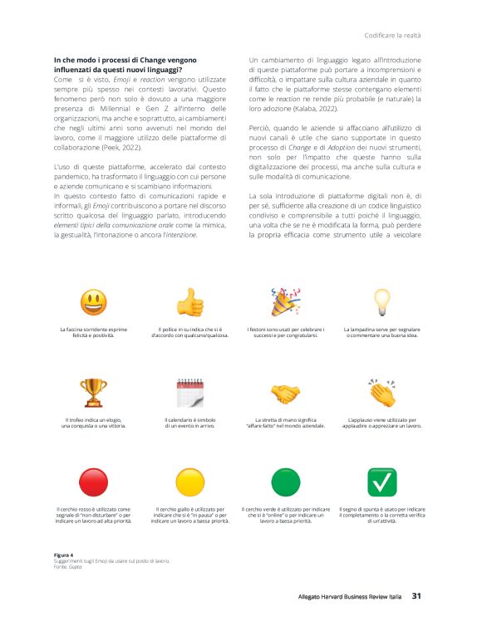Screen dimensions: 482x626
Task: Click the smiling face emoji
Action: click(93, 301)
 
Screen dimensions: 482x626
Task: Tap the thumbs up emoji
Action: click(190, 302)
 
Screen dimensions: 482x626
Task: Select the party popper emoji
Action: click(286, 301)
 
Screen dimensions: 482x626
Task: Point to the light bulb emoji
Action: click(381, 301)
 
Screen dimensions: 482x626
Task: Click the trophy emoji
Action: click(93, 392)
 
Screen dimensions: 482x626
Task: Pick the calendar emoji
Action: click(190, 393)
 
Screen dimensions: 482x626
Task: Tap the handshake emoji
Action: click(286, 393)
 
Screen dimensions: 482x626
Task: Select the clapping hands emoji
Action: click(381, 391)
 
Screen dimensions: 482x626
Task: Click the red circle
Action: click(93, 482)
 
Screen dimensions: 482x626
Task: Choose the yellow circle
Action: click(190, 482)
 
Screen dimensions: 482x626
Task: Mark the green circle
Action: click(286, 482)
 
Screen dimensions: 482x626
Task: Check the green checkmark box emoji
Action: click(381, 482)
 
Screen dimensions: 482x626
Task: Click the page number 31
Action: click(418, 595)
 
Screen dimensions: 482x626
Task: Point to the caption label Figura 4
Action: click(64, 554)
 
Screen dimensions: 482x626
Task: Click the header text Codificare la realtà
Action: click(394, 35)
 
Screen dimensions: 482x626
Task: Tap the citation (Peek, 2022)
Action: click(125, 145)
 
